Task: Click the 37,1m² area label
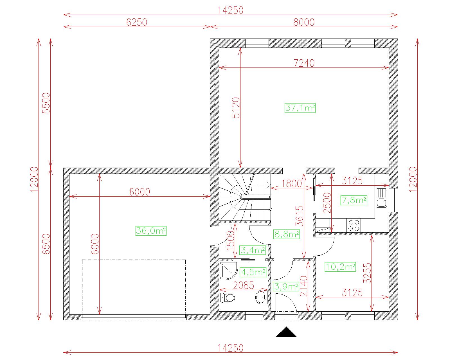pyautogui.click(x=300, y=108)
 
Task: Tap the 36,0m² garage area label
pyautogui.click(x=151, y=231)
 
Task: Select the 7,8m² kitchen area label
pyautogui.click(x=354, y=200)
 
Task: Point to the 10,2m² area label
pyautogui.click(x=340, y=267)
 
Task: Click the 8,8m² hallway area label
pyautogui.click(x=287, y=234)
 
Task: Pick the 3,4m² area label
pyautogui.click(x=253, y=250)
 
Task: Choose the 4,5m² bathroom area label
pyautogui.click(x=253, y=272)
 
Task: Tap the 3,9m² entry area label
pyautogui.click(x=286, y=286)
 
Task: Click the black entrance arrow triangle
pyautogui.click(x=286, y=333)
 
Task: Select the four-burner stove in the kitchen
pyautogui.click(x=354, y=225)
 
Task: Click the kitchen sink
pyautogui.click(x=382, y=198)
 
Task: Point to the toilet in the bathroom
pyautogui.click(x=228, y=298)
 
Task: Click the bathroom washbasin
pyautogui.click(x=261, y=297)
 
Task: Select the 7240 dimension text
pyautogui.click(x=304, y=63)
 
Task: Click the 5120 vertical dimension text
pyautogui.click(x=236, y=107)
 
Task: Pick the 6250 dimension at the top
pyautogui.click(x=137, y=22)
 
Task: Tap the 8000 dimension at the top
pyautogui.click(x=304, y=22)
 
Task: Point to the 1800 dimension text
pyautogui.click(x=291, y=183)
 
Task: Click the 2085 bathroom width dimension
pyautogui.click(x=243, y=285)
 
